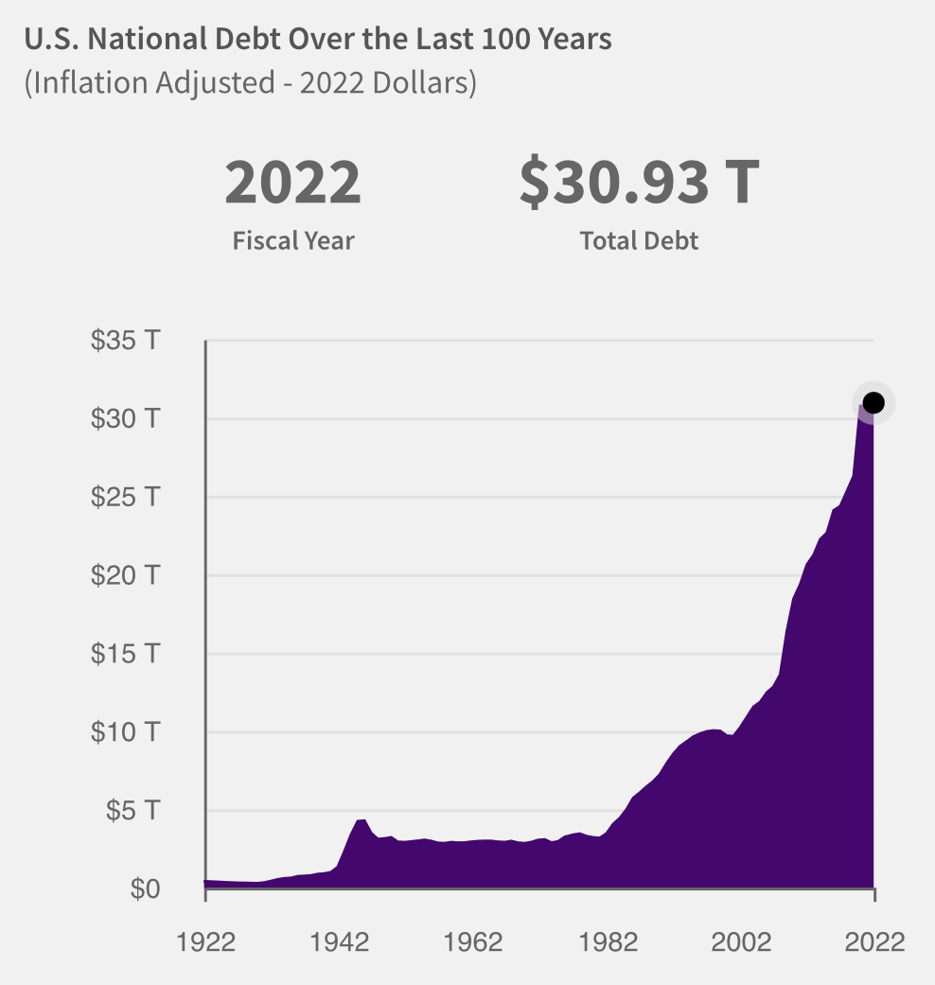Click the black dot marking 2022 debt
pos(873,403)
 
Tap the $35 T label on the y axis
pos(124,341)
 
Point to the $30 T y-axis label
pos(124,418)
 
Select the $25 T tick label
pos(124,497)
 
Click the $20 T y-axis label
pos(124,575)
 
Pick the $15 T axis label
pos(124,654)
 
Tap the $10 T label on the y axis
pos(124,732)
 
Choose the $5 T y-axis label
pos(131,811)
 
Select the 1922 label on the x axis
pos(205,942)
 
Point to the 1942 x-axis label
pos(339,942)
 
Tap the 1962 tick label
pos(472,942)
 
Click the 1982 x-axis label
pos(607,942)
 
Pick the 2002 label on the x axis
pos(740,942)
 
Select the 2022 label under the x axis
pos(873,942)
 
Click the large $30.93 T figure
pos(639,184)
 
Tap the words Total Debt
pos(639,240)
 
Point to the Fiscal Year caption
pos(293,240)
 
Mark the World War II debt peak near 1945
pos(362,819)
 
